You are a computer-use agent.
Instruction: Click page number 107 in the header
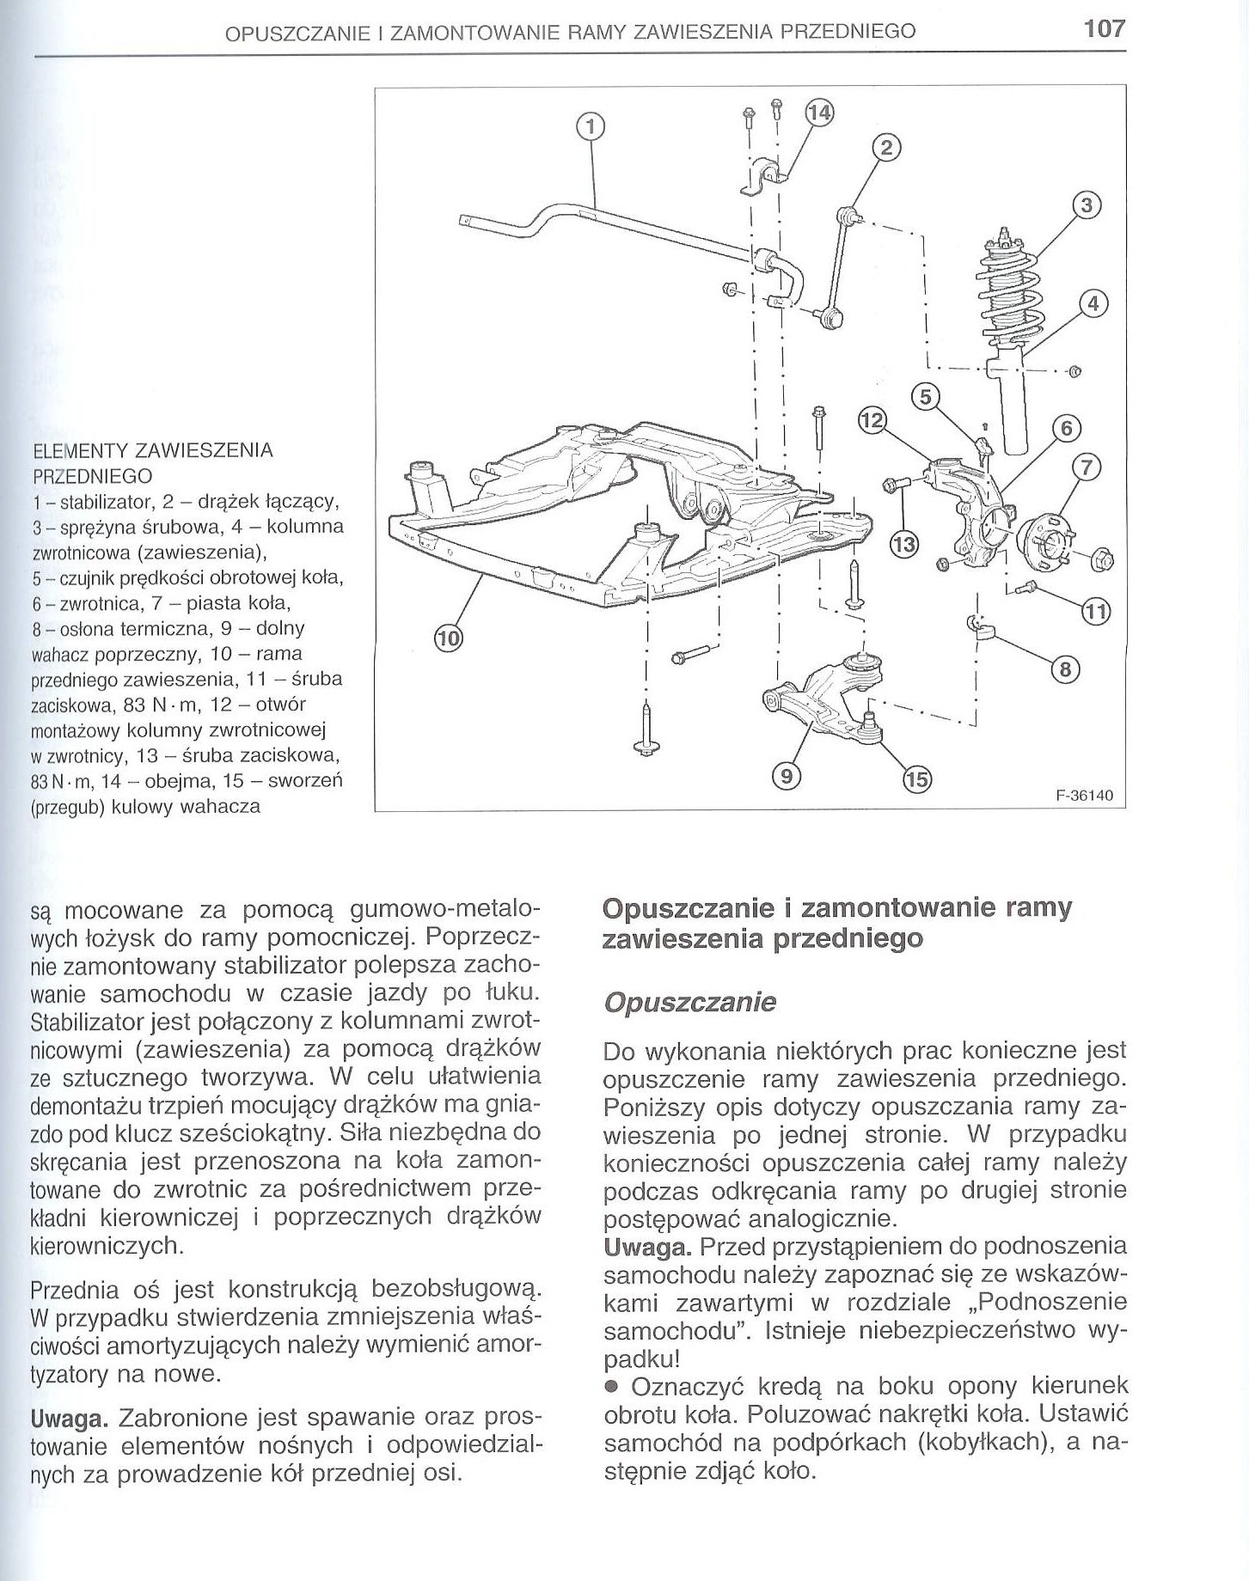pos(1104,28)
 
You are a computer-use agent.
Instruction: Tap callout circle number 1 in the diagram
pos(590,127)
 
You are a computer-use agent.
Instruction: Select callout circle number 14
pos(820,113)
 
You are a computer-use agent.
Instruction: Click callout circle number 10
pos(448,638)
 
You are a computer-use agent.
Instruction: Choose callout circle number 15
pos(916,779)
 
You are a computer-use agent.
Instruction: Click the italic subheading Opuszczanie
pos(689,1003)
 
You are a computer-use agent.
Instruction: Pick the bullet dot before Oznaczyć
pos(610,1387)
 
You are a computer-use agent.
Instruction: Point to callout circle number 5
pos(926,397)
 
